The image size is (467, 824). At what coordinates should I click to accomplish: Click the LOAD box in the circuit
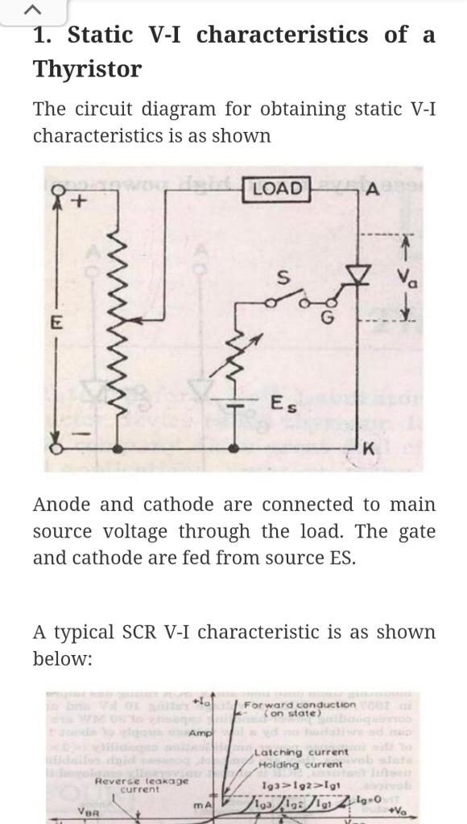point(277,188)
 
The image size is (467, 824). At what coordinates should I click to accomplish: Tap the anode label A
point(371,190)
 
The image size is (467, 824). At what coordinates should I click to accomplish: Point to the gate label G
point(326,317)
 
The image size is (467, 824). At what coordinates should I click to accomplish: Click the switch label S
point(283,278)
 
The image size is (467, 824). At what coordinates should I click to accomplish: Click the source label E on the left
point(56,323)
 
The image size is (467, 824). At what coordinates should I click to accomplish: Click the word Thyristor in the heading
point(87,69)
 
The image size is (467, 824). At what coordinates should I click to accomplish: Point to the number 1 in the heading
point(40,35)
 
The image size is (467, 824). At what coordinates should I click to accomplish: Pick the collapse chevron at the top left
point(32,10)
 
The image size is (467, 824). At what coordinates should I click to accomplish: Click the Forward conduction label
point(300,707)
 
